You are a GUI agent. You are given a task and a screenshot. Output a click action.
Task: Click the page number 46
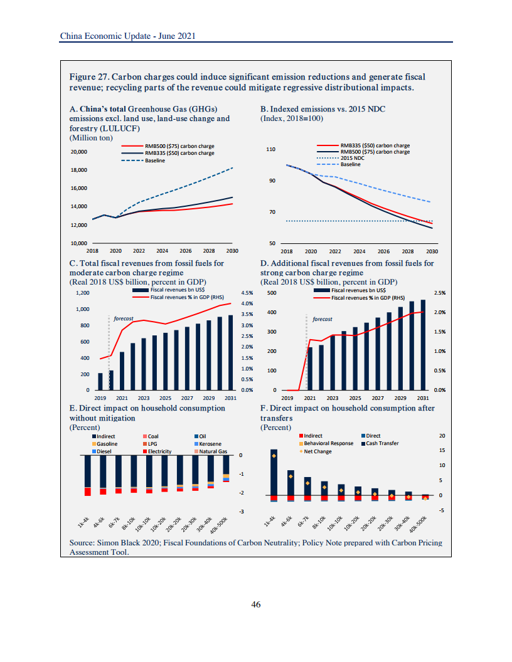coord(255,604)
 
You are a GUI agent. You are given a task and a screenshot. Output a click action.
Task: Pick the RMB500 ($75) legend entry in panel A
coord(179,147)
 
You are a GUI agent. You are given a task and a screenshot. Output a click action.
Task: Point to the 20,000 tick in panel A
coord(79,152)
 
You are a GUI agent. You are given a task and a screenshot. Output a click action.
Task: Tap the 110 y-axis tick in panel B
coord(271,150)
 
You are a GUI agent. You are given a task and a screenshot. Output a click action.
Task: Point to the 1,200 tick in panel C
coord(82,293)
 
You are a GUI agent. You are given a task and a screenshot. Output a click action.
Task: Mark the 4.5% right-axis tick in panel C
coord(247,293)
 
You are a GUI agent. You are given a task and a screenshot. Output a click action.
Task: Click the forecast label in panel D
coord(323,319)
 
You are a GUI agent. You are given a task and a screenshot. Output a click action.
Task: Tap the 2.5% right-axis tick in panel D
coord(440,293)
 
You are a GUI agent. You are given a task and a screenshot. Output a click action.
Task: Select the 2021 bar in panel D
coord(310,368)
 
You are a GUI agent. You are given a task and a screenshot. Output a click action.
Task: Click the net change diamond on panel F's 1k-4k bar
coord(274,456)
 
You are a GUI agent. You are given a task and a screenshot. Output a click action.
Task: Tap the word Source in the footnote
coord(82,542)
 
